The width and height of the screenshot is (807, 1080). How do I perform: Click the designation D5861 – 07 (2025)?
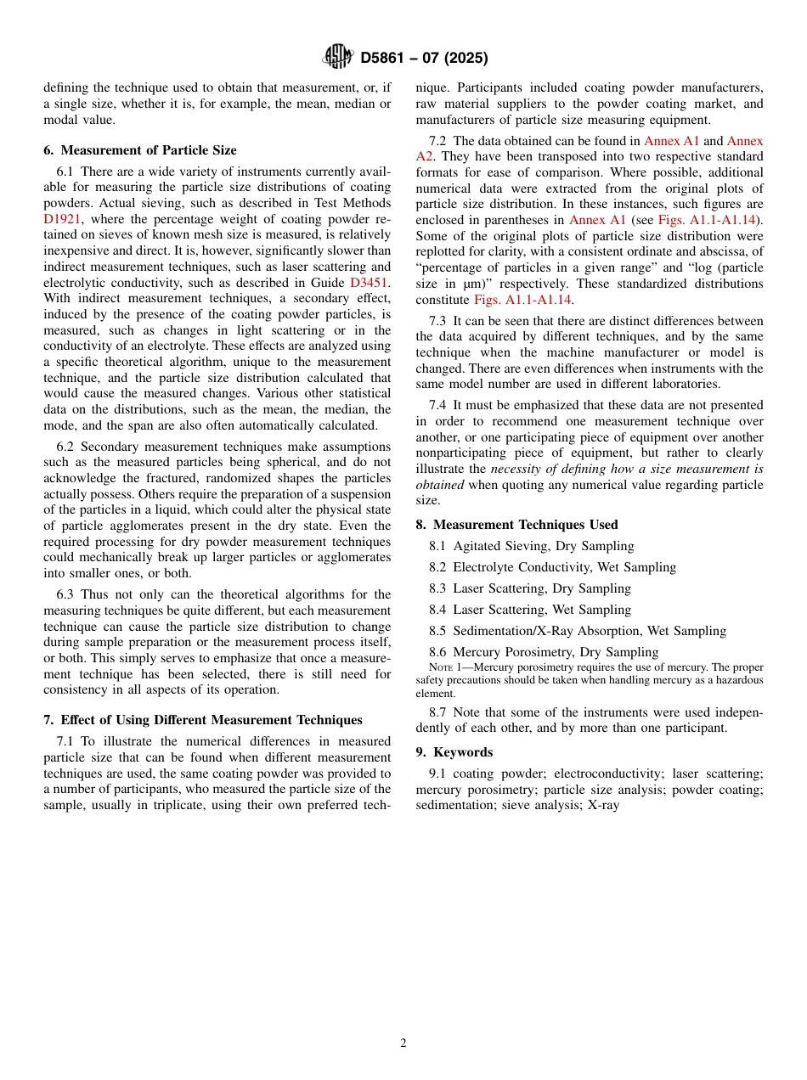point(424,58)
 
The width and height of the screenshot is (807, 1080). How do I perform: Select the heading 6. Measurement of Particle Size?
point(140,150)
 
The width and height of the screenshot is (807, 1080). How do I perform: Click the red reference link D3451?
point(370,282)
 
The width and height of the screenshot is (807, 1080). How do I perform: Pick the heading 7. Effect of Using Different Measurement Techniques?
point(203,720)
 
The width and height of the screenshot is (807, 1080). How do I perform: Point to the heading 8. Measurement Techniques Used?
point(516,525)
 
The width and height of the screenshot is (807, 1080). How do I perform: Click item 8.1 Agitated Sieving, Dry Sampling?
point(531,546)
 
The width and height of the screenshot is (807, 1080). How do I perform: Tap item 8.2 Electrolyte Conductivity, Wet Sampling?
point(552,567)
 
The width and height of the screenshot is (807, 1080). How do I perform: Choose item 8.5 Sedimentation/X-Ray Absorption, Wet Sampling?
point(578,631)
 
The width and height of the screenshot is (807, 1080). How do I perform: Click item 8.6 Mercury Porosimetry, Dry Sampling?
point(544,652)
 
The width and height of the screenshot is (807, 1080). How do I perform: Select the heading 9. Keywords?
point(454,752)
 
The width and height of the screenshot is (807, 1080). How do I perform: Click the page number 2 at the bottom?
point(403,1043)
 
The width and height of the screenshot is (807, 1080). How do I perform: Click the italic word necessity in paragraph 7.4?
point(516,469)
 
